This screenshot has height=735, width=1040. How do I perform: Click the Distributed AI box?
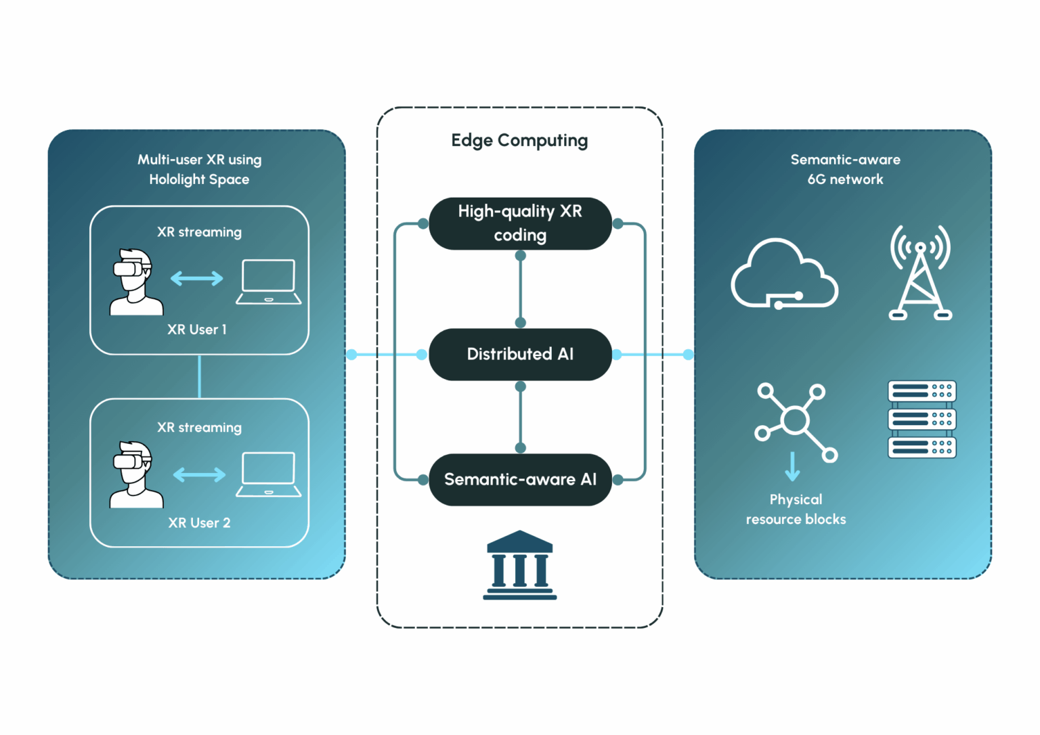click(x=520, y=354)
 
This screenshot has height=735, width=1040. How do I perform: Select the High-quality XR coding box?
click(x=520, y=223)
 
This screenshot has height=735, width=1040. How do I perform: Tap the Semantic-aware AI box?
click(x=520, y=479)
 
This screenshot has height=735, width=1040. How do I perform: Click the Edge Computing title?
click(x=519, y=140)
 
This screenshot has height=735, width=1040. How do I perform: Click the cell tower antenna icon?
click(x=920, y=273)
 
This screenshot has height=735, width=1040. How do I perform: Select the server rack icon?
click(x=922, y=419)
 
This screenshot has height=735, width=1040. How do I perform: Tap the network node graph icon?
click(x=796, y=421)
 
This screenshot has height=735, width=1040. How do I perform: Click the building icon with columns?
click(x=519, y=565)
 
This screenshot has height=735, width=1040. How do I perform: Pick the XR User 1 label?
click(x=197, y=330)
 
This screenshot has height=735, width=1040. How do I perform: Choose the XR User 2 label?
click(x=199, y=522)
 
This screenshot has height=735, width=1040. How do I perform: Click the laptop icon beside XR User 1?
click(x=269, y=282)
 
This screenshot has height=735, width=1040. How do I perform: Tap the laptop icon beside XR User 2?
click(x=269, y=474)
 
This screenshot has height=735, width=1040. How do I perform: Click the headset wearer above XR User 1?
click(x=135, y=282)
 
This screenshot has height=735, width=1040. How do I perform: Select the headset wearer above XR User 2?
click(x=135, y=474)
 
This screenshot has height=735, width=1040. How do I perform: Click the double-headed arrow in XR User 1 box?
click(x=196, y=278)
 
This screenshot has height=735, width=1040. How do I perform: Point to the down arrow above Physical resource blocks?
click(x=792, y=466)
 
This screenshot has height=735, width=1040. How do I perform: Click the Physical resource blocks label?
click(x=796, y=509)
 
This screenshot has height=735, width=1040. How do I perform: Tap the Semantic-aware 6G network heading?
click(x=845, y=169)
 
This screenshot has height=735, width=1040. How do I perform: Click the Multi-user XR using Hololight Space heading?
click(x=199, y=169)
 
